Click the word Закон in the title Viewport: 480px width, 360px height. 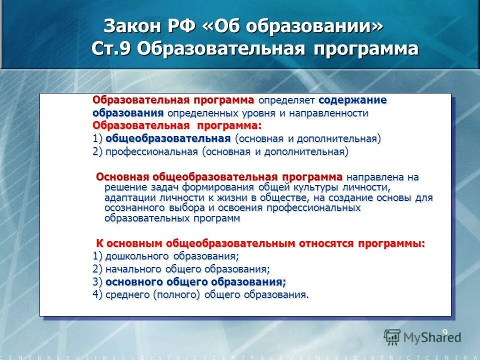129,26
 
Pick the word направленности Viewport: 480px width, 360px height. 329,113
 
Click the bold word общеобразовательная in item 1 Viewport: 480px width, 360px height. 168,138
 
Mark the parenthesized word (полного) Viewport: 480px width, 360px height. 177,294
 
